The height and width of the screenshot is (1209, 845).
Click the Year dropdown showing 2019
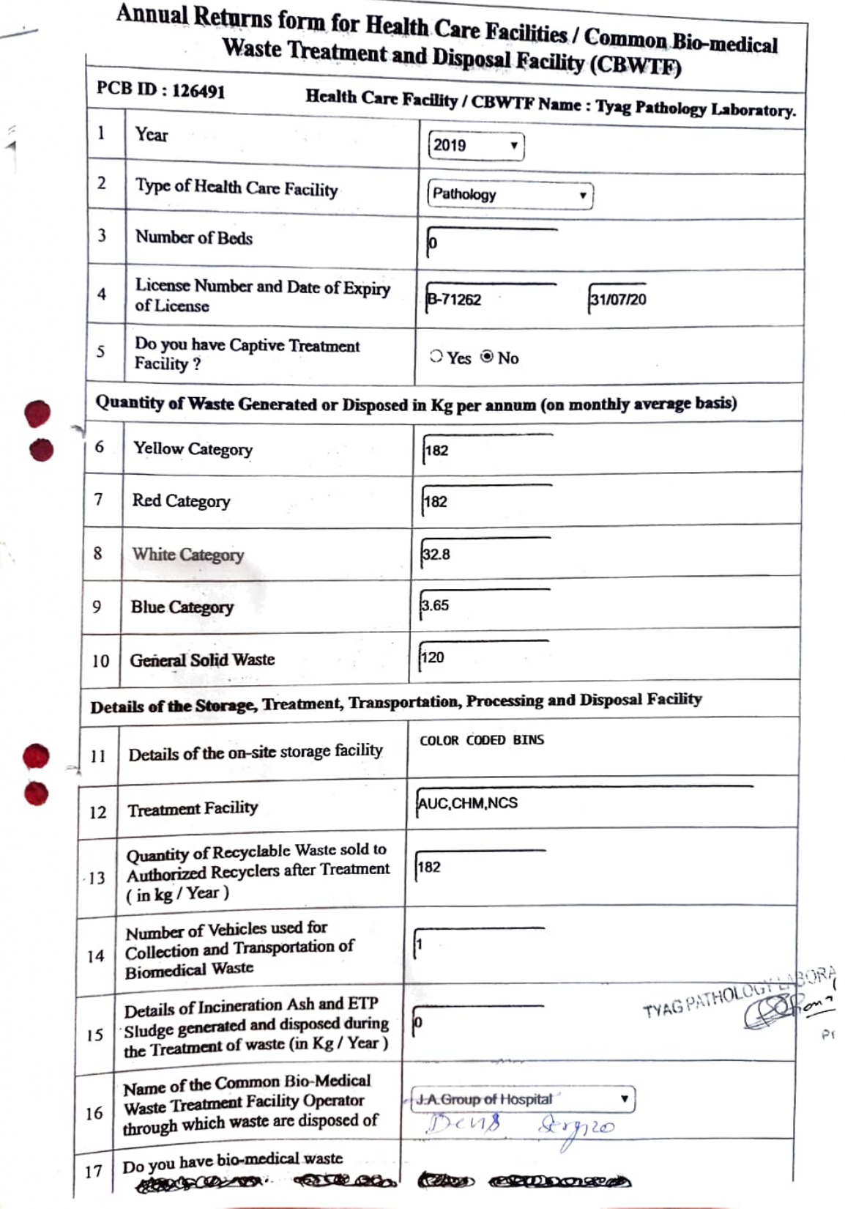click(x=475, y=145)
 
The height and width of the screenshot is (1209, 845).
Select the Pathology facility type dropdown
click(x=509, y=195)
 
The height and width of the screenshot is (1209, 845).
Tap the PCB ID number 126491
click(x=198, y=92)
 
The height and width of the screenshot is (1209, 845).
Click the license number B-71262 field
click(x=489, y=299)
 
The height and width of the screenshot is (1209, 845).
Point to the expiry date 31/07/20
click(x=618, y=299)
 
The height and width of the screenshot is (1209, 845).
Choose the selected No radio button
click(x=487, y=357)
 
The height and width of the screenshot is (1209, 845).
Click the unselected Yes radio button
click(x=436, y=357)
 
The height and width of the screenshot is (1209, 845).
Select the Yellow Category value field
click(x=487, y=450)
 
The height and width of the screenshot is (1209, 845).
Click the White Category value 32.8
click(x=436, y=555)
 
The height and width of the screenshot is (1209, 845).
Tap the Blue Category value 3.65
click(x=435, y=606)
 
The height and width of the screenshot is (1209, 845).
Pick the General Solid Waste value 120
click(x=433, y=657)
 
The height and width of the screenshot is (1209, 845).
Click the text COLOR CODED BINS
click(x=482, y=740)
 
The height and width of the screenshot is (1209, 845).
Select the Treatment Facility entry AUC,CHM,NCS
click(x=468, y=803)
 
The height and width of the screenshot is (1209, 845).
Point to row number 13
click(x=97, y=878)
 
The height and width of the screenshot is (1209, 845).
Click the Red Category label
click(x=181, y=501)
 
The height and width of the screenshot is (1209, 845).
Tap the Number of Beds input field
click(x=491, y=243)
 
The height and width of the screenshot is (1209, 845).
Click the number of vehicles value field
click(x=479, y=944)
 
